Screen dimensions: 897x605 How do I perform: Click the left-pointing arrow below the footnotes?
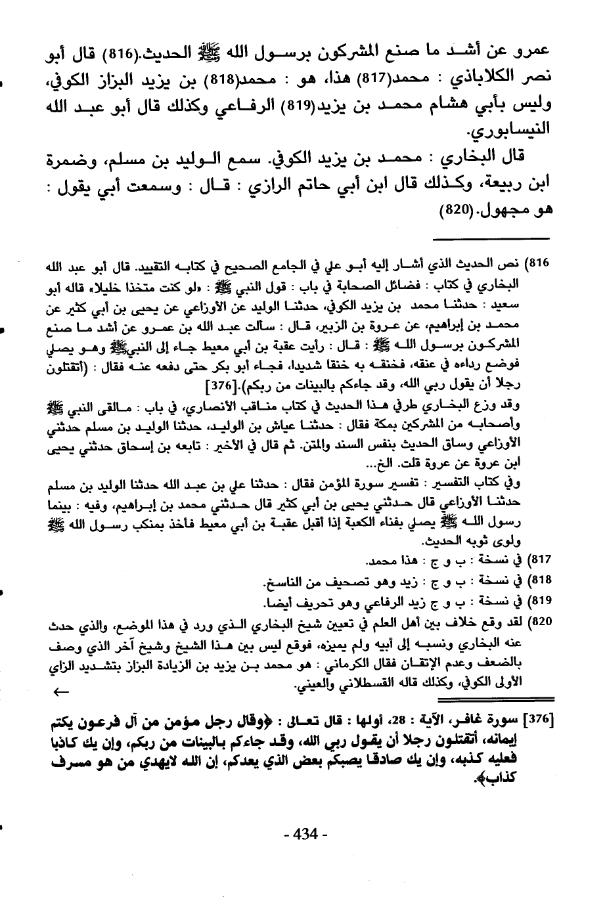61,691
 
